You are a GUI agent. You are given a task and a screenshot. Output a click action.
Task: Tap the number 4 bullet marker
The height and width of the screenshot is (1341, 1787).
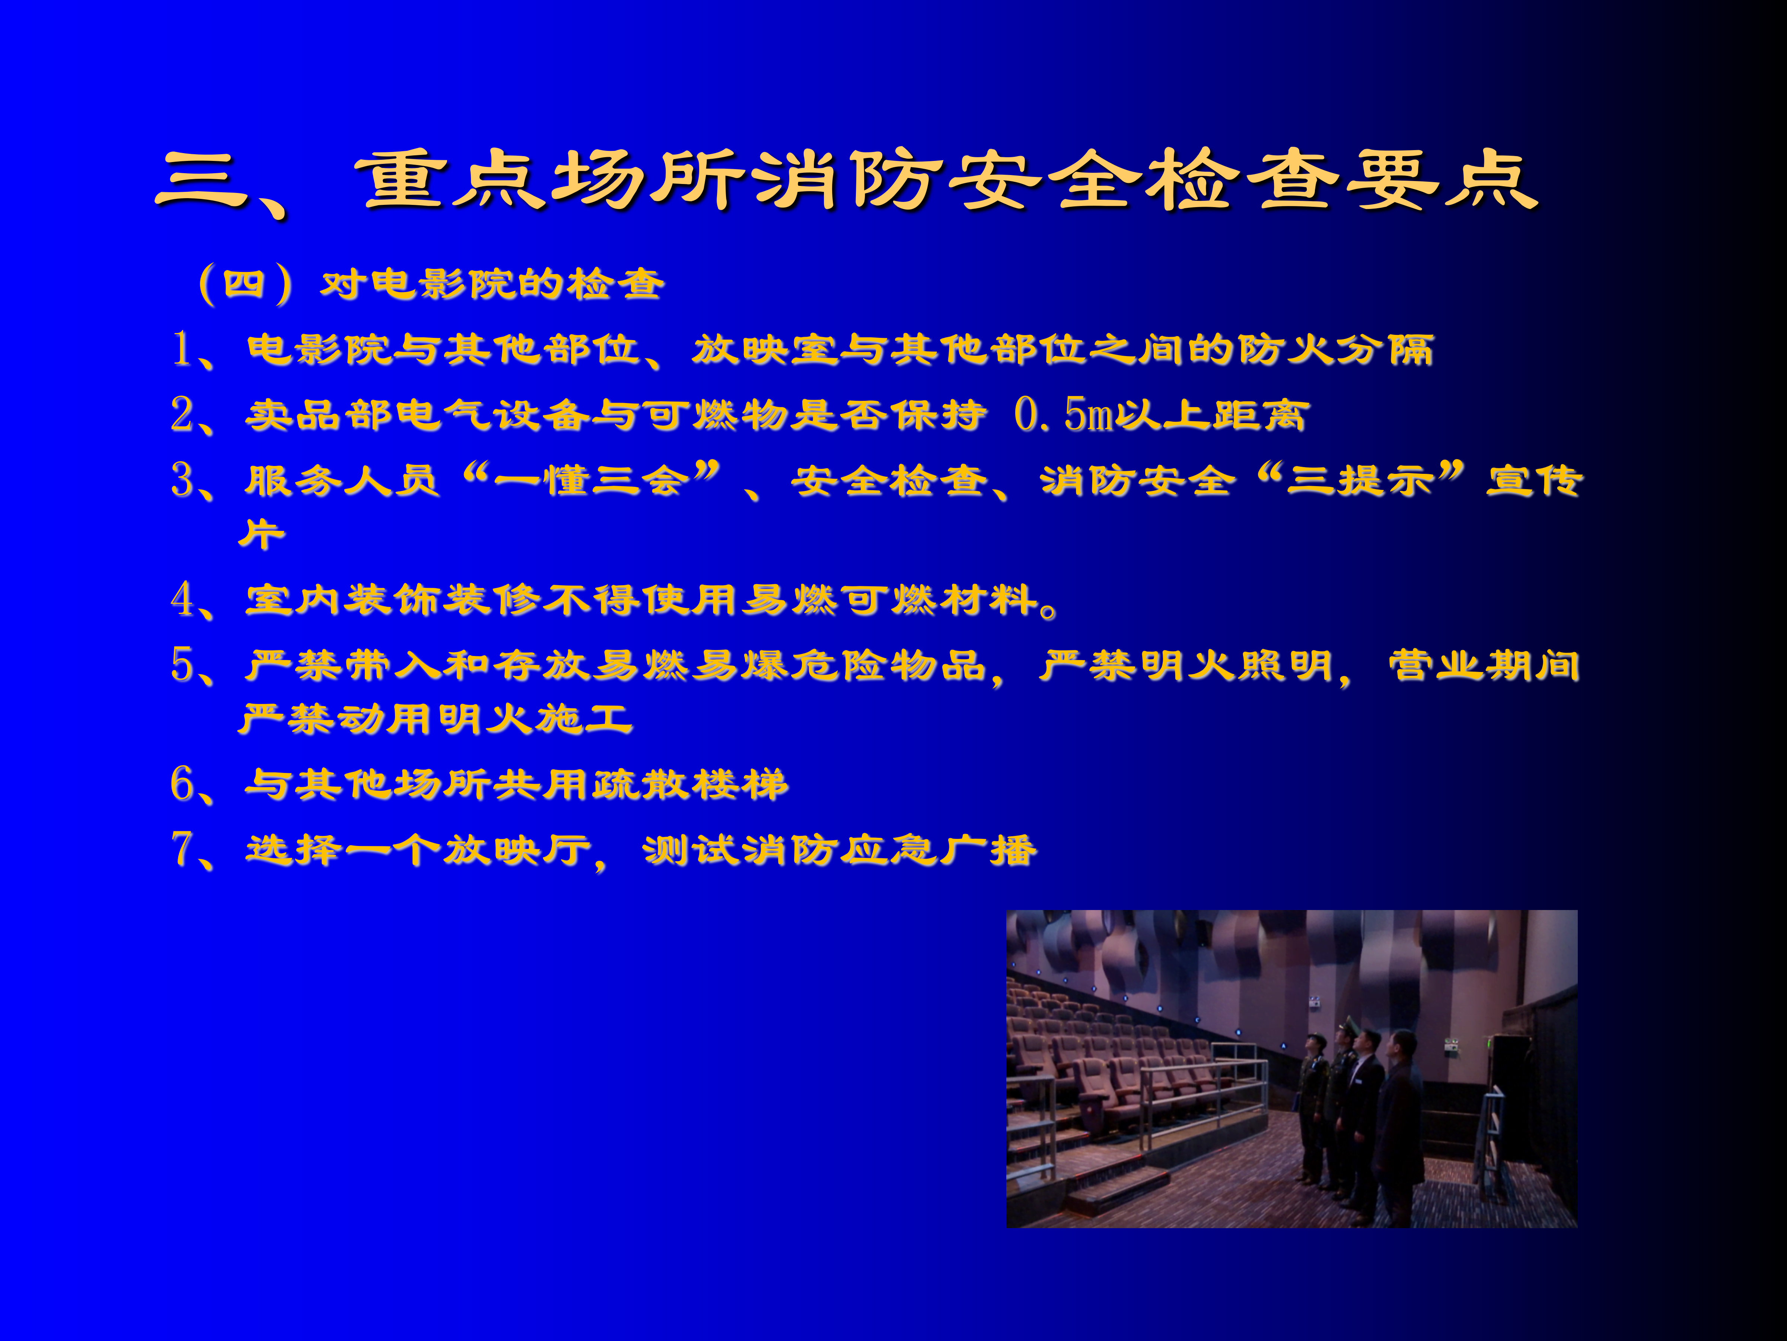point(182,599)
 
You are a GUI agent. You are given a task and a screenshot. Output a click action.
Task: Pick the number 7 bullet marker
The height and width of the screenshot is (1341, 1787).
point(182,849)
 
